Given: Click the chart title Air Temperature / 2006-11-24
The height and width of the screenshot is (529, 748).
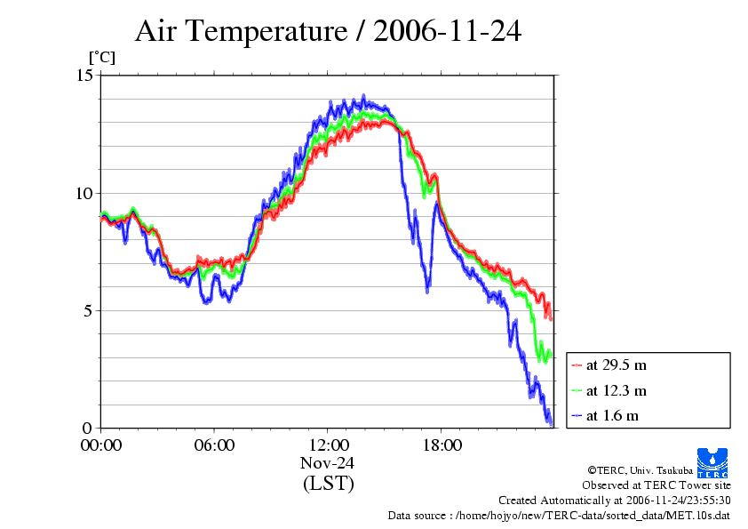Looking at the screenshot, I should (328, 32).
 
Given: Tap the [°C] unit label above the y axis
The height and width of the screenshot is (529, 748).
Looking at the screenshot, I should (100, 58).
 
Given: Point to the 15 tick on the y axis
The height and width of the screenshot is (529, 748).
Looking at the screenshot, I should (85, 76).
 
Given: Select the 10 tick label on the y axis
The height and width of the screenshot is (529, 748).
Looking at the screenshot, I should (85, 193).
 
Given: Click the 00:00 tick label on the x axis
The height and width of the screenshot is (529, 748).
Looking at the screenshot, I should (101, 445).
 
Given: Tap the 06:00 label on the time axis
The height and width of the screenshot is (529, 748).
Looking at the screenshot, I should (215, 445).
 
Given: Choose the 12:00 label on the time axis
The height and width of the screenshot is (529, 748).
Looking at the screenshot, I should (328, 445).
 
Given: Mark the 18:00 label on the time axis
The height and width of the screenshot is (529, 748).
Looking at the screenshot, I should (442, 445).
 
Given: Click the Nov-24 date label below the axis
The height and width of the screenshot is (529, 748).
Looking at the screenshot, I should (328, 463).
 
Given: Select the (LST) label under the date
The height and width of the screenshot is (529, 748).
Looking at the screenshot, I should (328, 485).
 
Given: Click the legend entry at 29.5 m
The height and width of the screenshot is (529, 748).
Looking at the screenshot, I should (616, 365).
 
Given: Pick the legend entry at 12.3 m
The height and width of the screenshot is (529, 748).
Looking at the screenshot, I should (616, 390).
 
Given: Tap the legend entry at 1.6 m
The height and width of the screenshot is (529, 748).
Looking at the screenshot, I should (612, 415).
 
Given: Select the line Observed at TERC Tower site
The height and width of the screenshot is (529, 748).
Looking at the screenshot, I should (656, 485).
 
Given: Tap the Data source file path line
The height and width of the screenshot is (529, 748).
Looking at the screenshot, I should (559, 516).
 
